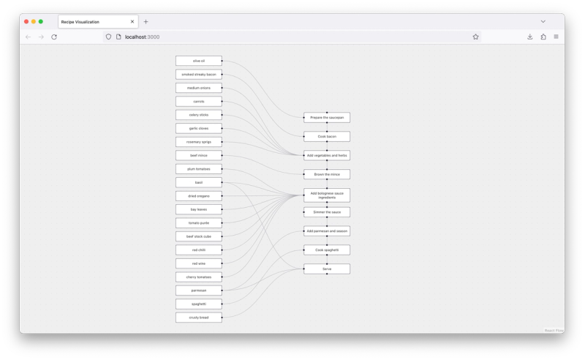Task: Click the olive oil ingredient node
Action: pyautogui.click(x=198, y=61)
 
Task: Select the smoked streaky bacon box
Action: pyautogui.click(x=198, y=75)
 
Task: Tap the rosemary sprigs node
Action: pyautogui.click(x=198, y=142)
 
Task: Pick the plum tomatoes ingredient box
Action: pyautogui.click(x=198, y=169)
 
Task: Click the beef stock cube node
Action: pyautogui.click(x=198, y=236)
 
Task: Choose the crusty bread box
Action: pyautogui.click(x=198, y=318)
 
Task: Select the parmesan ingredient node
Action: pyautogui.click(x=198, y=290)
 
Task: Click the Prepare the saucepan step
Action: pyautogui.click(x=327, y=117)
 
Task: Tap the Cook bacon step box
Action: pyautogui.click(x=327, y=136)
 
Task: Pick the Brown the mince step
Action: pyautogui.click(x=327, y=174)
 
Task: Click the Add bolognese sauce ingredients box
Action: pyautogui.click(x=327, y=195)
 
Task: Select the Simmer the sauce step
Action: pyautogui.click(x=327, y=212)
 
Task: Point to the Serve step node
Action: pyautogui.click(x=327, y=269)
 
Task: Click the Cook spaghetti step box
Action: pyautogui.click(x=327, y=250)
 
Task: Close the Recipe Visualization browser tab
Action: pyautogui.click(x=132, y=22)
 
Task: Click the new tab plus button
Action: pyautogui.click(x=146, y=22)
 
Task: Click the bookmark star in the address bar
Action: pyautogui.click(x=475, y=37)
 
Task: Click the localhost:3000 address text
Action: pyautogui.click(x=142, y=37)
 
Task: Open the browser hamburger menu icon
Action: pyautogui.click(x=556, y=37)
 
